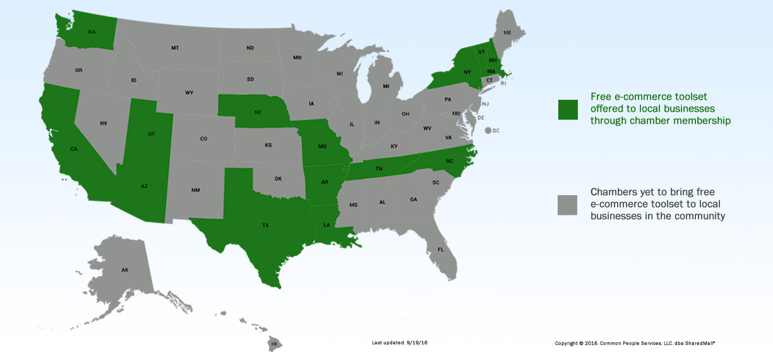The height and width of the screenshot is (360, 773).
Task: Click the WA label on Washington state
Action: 92,32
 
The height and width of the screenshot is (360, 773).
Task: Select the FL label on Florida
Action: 441,249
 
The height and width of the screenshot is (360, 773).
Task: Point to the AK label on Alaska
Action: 125,270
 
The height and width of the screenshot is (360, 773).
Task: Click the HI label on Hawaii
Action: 274,343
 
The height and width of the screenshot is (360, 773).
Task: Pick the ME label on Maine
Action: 507,32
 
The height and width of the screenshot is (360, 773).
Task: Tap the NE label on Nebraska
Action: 258,111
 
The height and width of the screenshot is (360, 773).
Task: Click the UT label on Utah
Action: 152,135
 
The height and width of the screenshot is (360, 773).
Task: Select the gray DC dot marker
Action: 488,131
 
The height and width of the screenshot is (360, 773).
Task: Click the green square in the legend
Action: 567,109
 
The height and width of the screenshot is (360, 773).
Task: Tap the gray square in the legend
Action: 567,205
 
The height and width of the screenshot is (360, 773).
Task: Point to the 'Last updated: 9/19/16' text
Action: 400,342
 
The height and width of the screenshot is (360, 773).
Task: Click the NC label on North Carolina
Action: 450,161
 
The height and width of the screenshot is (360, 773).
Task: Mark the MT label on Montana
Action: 175,48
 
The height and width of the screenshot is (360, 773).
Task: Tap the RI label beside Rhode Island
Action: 503,83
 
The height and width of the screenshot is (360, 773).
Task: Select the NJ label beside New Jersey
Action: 486,104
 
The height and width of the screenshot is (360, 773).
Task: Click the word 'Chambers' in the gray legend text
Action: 611,191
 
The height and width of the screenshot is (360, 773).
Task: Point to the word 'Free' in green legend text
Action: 601,97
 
